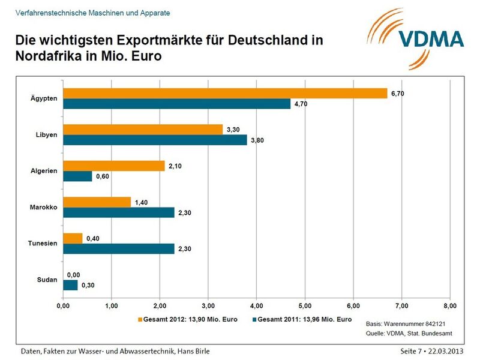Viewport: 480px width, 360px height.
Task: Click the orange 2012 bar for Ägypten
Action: click(x=225, y=93)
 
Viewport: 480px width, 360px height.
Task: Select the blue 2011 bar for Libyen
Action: click(x=154, y=140)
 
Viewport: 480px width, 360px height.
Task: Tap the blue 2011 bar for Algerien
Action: click(x=77, y=176)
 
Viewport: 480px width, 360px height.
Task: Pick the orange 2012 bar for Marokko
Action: click(x=97, y=202)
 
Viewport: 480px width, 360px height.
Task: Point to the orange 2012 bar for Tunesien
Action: click(x=73, y=238)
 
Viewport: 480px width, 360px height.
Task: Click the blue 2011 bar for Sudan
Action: click(x=70, y=285)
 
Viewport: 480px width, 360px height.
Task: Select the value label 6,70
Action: click(x=398, y=93)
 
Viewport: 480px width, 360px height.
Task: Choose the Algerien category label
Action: click(x=44, y=171)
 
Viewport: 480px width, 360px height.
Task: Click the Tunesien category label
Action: click(x=43, y=243)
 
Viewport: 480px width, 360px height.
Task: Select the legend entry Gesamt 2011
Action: click(x=305, y=320)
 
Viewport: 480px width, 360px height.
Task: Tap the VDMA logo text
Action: click(x=431, y=39)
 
